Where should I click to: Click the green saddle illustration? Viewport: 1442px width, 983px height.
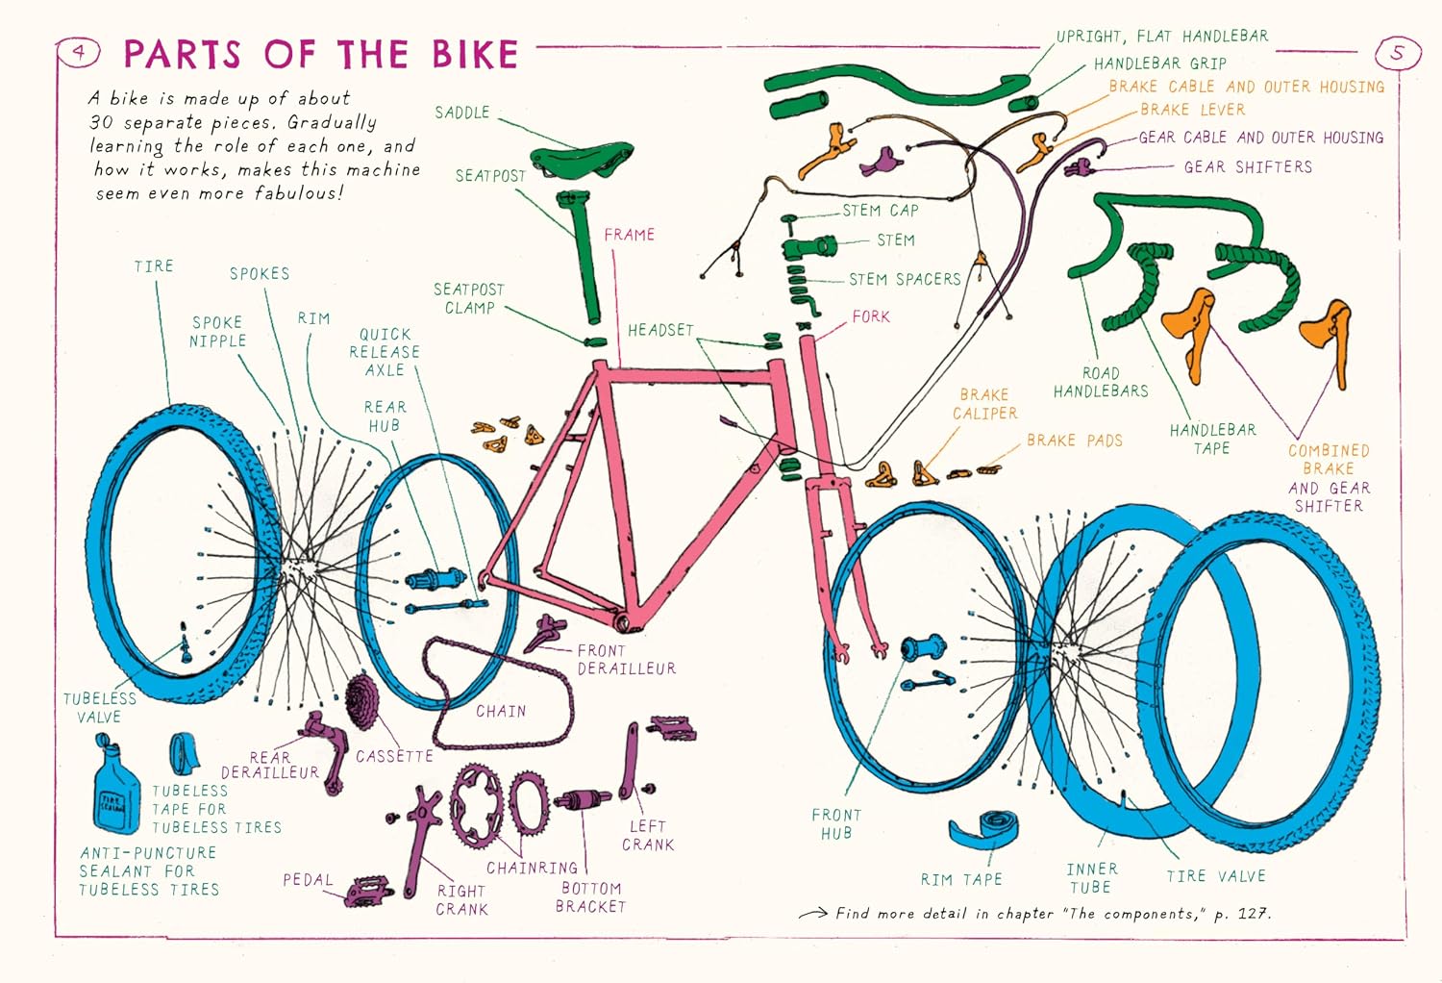pyautogui.click(x=581, y=159)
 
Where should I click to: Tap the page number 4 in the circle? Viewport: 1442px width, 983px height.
pyautogui.click(x=79, y=52)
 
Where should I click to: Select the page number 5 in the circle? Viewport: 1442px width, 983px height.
pyautogui.click(x=1396, y=52)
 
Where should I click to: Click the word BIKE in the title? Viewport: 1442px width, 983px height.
pyautogui.click(x=475, y=54)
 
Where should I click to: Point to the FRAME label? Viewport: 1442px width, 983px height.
pyautogui.click(x=629, y=235)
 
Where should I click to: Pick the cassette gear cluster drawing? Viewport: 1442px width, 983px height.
pyautogui.click(x=362, y=701)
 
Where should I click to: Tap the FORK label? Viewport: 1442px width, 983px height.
pyautogui.click(x=870, y=316)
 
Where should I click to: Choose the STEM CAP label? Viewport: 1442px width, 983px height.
pyautogui.click(x=880, y=211)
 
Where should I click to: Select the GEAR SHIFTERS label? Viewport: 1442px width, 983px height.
pyautogui.click(x=1248, y=166)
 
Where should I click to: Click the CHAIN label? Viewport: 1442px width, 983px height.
pyautogui.click(x=501, y=711)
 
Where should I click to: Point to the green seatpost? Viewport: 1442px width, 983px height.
pyautogui.click(x=583, y=258)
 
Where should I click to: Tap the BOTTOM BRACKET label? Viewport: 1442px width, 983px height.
pyautogui.click(x=590, y=897)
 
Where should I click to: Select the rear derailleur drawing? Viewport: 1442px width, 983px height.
pyautogui.click(x=325, y=750)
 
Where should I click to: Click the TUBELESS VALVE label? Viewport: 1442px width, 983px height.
pyautogui.click(x=100, y=708)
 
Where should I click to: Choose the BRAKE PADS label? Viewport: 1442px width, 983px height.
pyautogui.click(x=1075, y=441)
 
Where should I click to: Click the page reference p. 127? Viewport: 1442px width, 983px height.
pyautogui.click(x=1242, y=914)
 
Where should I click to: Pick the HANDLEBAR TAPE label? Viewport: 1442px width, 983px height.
pyautogui.click(x=1213, y=439)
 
